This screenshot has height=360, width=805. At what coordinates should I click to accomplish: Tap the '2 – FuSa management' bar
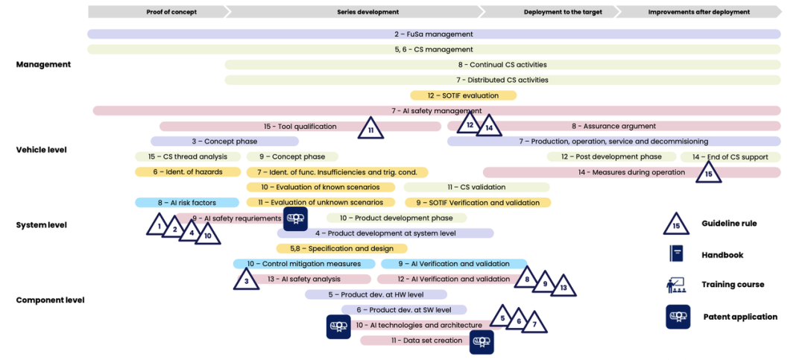(x=434, y=34)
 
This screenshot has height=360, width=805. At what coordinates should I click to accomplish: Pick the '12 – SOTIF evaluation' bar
(x=463, y=95)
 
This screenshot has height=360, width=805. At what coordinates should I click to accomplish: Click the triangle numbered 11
(x=370, y=129)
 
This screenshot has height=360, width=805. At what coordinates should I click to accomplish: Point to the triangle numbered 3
(x=246, y=280)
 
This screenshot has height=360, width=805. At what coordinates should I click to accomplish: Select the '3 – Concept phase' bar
(x=224, y=142)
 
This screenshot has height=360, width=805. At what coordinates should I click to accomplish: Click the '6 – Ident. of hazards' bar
(x=188, y=172)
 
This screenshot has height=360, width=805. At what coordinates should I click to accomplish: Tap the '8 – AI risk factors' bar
(x=186, y=203)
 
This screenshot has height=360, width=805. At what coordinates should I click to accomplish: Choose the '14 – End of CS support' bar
(x=730, y=157)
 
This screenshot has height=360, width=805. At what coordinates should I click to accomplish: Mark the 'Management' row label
(x=43, y=65)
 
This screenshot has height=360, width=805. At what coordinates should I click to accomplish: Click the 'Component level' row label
(x=50, y=300)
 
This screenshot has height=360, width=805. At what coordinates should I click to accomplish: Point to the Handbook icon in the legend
(x=676, y=254)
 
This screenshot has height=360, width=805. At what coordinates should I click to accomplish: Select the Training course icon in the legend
(x=676, y=284)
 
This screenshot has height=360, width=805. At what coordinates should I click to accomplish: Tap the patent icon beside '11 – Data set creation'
(x=481, y=342)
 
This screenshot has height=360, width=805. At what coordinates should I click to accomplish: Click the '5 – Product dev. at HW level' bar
(x=376, y=294)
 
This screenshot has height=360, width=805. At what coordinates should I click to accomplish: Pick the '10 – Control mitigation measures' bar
(x=304, y=264)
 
